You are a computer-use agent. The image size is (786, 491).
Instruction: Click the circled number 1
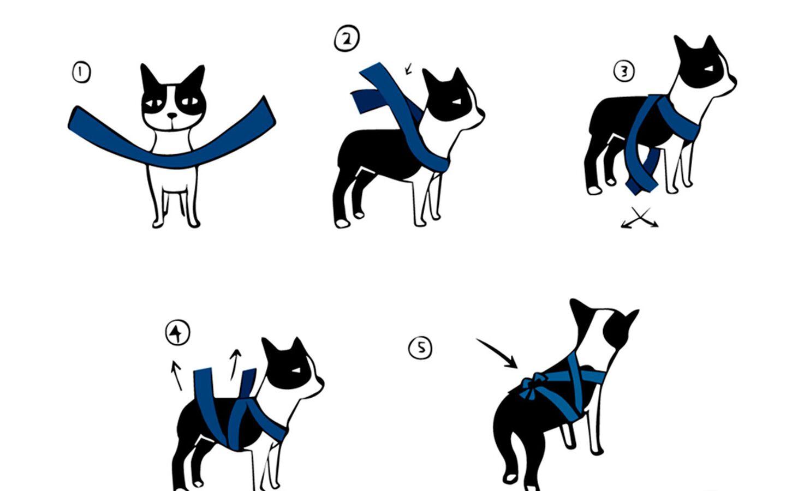coord(81,73)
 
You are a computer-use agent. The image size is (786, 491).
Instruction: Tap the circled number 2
coord(347,38)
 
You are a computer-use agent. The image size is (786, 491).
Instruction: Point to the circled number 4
coord(177,332)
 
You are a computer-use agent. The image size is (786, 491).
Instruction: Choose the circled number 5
coord(420,348)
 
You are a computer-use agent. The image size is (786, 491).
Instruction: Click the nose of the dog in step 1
coord(172,115)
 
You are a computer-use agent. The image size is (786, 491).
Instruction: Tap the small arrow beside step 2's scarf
coord(408,68)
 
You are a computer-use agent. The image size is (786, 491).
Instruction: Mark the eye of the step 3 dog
coord(709,69)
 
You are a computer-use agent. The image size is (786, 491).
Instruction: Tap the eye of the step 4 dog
coord(296,370)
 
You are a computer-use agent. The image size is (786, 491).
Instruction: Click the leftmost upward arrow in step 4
coord(176,375)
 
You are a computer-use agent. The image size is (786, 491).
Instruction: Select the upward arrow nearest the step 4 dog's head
coord(235,365)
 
